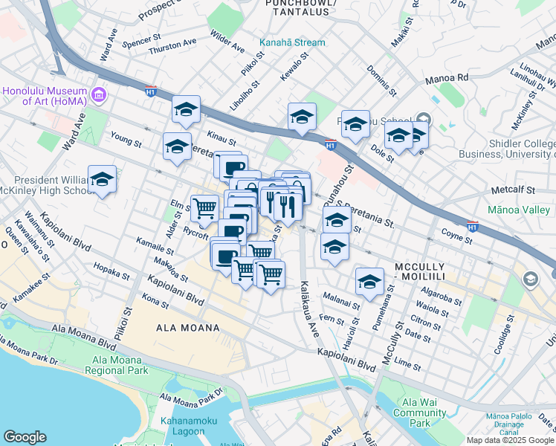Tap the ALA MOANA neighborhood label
(187, 328)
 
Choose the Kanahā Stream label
(292, 42)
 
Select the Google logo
(25, 436)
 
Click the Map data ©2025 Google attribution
(509, 440)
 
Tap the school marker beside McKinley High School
(103, 180)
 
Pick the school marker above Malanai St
(369, 282)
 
